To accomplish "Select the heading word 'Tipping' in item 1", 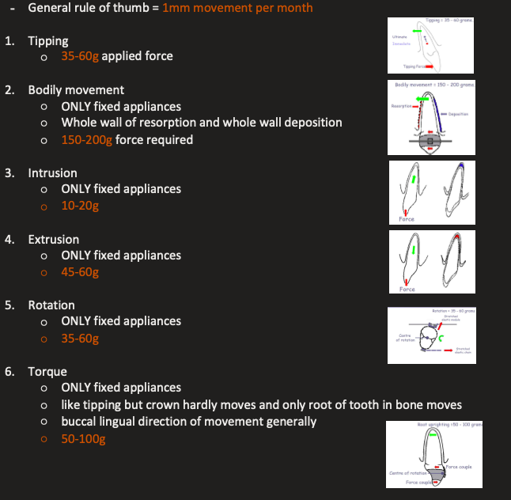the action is click(x=47, y=40).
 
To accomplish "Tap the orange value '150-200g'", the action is click(x=87, y=139).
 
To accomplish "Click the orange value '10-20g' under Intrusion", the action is click(x=80, y=206).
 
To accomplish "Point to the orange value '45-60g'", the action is click(x=80, y=272).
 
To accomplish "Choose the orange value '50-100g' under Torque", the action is click(x=83, y=438).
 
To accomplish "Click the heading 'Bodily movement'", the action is click(x=76, y=89).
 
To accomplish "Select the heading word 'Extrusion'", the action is click(x=53, y=239).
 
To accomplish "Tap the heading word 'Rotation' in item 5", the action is click(x=51, y=305).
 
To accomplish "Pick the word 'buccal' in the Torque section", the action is click(x=80, y=422).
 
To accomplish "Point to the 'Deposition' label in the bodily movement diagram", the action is click(x=459, y=114).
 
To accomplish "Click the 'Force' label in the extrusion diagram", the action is click(x=407, y=290).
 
